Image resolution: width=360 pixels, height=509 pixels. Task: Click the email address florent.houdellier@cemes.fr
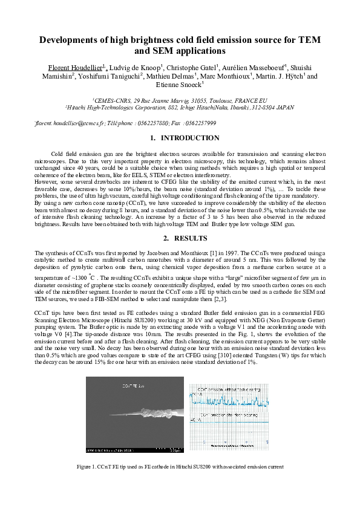coord(70,123)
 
